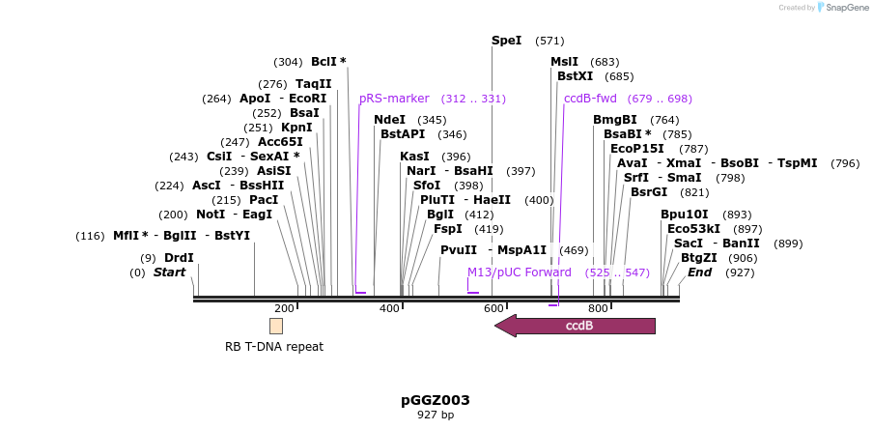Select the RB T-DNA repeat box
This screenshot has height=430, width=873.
click(276, 326)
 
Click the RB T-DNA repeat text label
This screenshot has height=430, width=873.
click(274, 347)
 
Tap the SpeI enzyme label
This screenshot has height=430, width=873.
click(506, 41)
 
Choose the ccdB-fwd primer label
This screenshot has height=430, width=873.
click(590, 99)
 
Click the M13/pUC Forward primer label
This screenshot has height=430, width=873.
click(520, 272)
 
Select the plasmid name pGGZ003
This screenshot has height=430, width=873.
click(436, 400)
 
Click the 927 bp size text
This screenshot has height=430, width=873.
click(436, 416)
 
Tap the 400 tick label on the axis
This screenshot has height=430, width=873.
click(389, 308)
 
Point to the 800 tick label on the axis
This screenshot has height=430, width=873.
click(598, 308)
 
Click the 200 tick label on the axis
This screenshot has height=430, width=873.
click(284, 308)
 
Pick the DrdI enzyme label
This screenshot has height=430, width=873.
click(179, 258)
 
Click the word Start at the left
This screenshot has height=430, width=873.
click(169, 272)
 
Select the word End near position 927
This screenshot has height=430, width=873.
click(699, 272)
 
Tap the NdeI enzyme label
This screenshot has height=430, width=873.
click(389, 120)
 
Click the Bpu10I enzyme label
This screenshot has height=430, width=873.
click(685, 215)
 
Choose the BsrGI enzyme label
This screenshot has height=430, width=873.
click(649, 192)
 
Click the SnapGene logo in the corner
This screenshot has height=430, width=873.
click(842, 8)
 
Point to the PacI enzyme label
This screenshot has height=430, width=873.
click(237, 200)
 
